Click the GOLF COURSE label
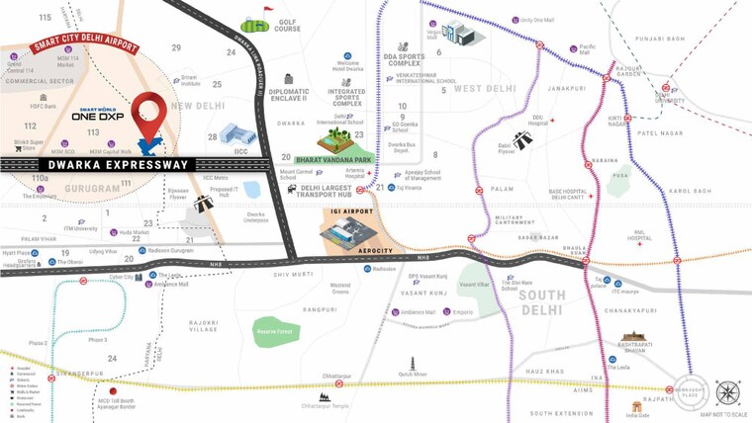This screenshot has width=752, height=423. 287,26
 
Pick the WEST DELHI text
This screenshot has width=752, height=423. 485,89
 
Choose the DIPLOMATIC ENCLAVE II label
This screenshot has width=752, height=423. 288,97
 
